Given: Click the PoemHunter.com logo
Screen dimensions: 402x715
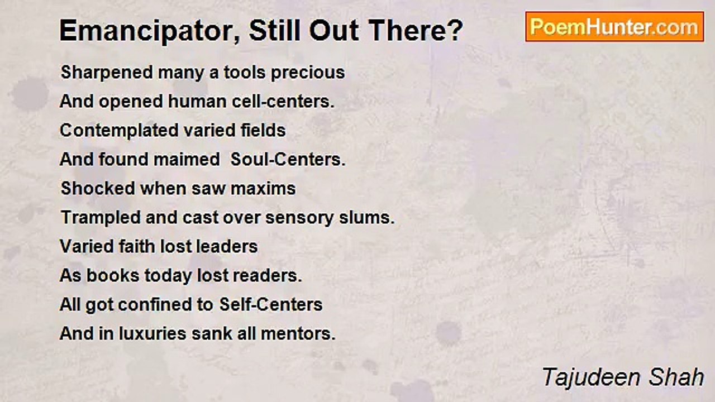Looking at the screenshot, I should tap(614, 27).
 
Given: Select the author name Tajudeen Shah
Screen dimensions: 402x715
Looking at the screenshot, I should tap(623, 377).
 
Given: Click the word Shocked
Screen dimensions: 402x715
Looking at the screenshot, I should tap(98, 189).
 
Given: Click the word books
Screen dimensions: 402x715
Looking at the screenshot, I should tap(113, 276).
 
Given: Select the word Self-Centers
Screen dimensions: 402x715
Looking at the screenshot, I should tap(271, 305).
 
